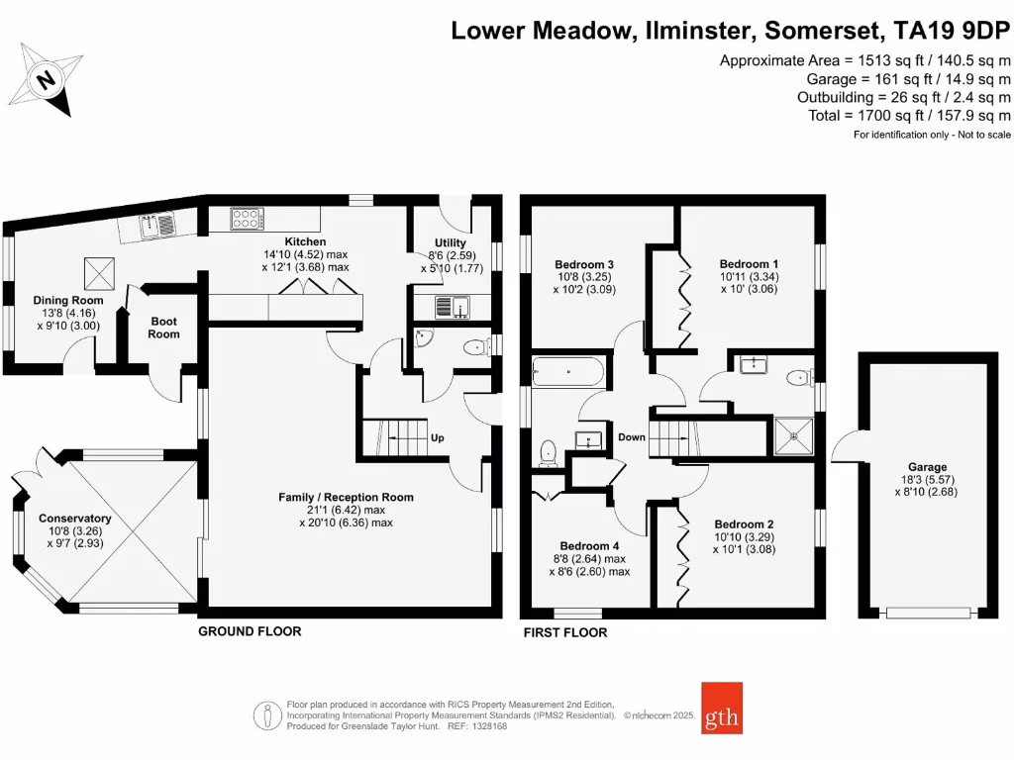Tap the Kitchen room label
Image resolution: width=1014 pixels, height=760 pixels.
tap(305, 241)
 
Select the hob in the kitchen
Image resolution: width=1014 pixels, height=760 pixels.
tap(247, 219)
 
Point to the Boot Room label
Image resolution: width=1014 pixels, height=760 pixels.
tap(164, 328)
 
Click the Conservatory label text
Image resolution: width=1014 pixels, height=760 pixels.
tap(74, 519)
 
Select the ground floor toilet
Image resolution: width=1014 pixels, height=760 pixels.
tap(476, 345)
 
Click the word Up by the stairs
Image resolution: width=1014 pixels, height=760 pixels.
tap(437, 437)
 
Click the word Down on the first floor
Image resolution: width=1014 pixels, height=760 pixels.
tap(632, 437)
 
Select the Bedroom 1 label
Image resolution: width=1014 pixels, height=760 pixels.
tap(749, 264)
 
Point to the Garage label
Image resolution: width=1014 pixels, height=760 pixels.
tap(927, 467)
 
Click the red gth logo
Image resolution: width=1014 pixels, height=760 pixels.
tap(721, 708)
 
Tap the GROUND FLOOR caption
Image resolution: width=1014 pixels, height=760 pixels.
tap(250, 631)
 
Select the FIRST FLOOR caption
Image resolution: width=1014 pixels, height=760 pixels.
tap(565, 632)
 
